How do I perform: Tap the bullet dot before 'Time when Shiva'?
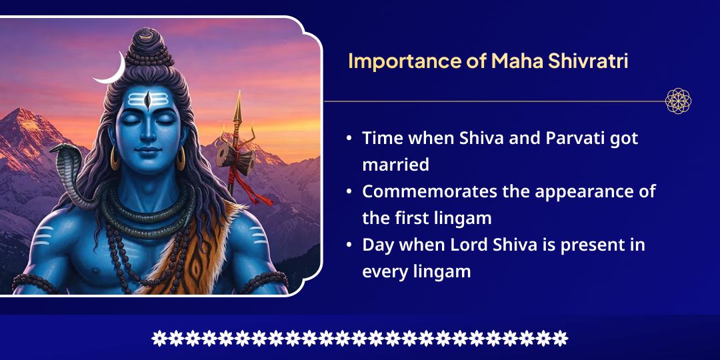pyautogui.click(x=349, y=139)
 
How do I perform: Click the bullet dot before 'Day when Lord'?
pyautogui.click(x=349, y=245)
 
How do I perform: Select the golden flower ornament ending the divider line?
pyautogui.click(x=678, y=101)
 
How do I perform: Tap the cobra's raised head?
pyautogui.click(x=67, y=155)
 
